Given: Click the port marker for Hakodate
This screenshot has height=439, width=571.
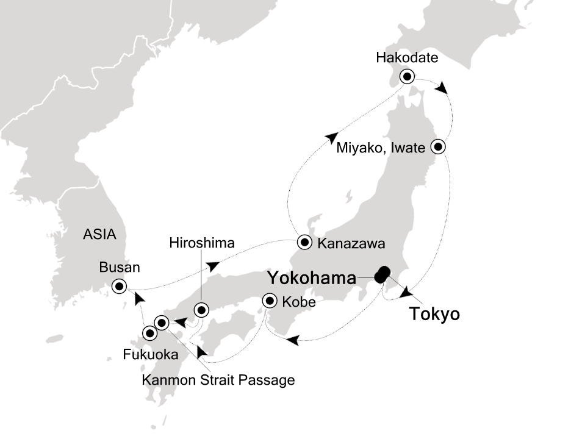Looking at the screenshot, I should [x=407, y=77].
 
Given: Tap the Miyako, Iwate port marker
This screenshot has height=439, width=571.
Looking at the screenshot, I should [x=439, y=147].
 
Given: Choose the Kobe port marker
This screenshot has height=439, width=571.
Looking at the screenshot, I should [x=270, y=301].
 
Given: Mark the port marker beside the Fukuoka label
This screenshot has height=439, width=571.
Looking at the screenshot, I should [x=149, y=333].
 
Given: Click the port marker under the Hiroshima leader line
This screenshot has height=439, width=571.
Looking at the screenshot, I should [x=201, y=310].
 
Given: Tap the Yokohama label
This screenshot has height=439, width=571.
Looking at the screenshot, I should [x=311, y=279].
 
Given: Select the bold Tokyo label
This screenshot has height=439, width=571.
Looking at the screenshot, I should [x=434, y=315].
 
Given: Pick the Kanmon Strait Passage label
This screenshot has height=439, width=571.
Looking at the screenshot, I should [x=218, y=380].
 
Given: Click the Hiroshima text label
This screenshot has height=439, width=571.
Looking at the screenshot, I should [x=202, y=244].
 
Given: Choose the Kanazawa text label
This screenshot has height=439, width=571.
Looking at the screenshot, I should [x=351, y=244].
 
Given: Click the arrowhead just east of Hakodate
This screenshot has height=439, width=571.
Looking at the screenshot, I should [x=442, y=88].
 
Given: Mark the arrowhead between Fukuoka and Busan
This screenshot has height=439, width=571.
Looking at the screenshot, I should [x=139, y=297].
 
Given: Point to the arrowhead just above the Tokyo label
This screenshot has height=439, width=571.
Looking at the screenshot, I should [x=405, y=294].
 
